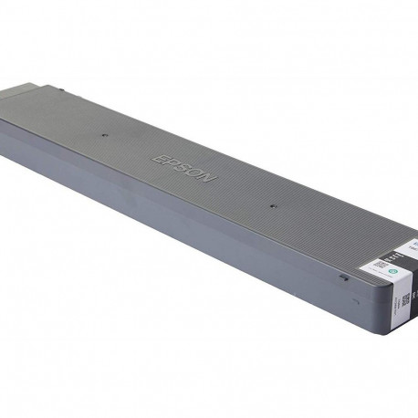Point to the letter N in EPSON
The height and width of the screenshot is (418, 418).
point(210,179)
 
